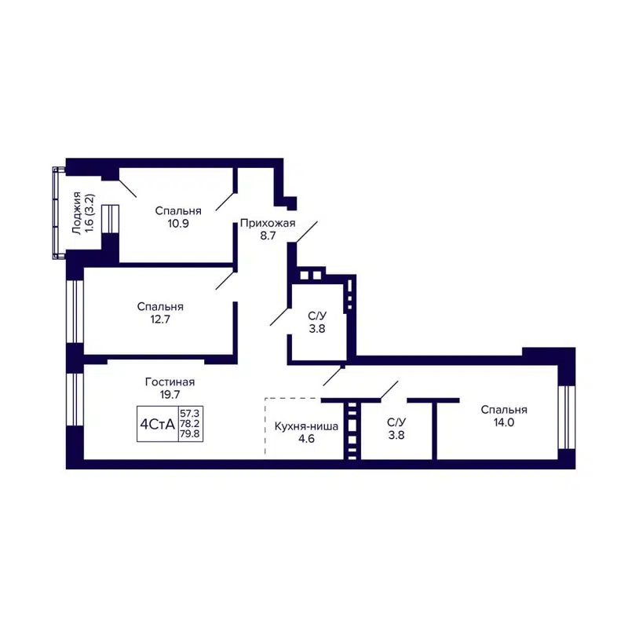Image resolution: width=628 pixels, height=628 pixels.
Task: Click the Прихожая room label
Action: point(268,223)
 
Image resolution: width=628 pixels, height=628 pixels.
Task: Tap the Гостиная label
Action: point(170,382)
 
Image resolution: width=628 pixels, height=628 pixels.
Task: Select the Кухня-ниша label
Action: point(306,426)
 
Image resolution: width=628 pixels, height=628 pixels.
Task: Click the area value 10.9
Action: point(178,223)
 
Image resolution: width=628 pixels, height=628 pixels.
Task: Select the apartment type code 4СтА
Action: point(157,425)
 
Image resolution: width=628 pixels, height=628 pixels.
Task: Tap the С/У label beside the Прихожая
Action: point(317,316)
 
